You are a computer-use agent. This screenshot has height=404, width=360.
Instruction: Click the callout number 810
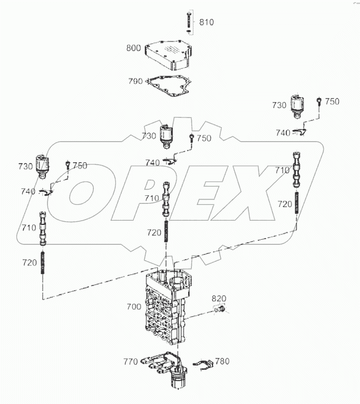click(206, 22)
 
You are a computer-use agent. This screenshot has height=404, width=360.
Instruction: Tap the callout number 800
click(133, 48)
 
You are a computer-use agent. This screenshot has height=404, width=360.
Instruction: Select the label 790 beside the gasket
click(135, 81)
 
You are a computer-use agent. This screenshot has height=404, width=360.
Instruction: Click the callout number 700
click(134, 306)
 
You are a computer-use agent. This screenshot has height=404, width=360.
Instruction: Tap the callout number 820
click(219, 299)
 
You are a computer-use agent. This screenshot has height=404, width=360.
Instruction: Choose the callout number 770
click(131, 361)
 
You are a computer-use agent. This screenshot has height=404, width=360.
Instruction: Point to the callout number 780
click(223, 361)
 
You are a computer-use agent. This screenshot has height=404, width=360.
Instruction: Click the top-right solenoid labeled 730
click(298, 106)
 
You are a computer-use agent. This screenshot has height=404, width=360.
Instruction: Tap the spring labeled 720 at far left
click(42, 262)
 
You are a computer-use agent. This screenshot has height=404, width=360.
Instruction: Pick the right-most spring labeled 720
click(298, 203)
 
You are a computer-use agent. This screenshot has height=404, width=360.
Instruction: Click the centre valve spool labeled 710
click(167, 199)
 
